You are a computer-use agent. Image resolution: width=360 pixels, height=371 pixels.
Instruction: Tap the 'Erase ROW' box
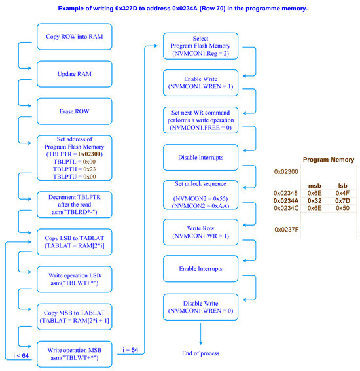coord(69,111)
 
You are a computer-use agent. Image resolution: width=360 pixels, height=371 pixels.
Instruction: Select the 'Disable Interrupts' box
coord(201,158)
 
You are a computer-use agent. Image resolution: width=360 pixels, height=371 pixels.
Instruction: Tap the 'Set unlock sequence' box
coord(201,194)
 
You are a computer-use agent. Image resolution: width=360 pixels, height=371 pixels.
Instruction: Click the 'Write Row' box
coord(201,232)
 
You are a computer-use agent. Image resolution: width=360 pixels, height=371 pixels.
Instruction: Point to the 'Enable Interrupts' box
coord(201,269)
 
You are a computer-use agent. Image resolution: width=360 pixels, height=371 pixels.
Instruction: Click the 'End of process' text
coord(201,353)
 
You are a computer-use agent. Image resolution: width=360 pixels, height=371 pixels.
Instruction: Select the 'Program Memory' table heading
coord(328,160)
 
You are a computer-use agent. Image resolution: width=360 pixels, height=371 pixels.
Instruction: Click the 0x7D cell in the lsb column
coord(342,201)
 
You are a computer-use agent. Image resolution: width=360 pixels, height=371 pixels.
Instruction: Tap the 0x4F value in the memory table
coord(342,194)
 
